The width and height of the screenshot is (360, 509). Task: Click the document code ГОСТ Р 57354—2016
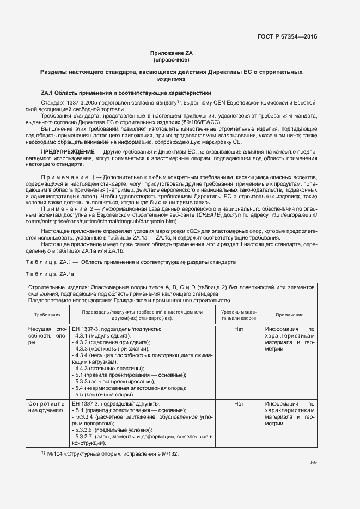click(286, 36)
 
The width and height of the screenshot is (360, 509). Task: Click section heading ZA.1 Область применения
click(126, 93)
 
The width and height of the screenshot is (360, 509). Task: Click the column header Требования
click(47, 315)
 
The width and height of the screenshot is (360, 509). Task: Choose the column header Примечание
click(289, 315)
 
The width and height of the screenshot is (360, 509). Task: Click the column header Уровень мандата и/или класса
click(238, 315)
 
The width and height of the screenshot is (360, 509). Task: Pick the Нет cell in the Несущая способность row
click(238, 329)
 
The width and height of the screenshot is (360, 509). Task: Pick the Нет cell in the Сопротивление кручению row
click(238, 404)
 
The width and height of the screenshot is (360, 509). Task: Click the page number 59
click(313, 463)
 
